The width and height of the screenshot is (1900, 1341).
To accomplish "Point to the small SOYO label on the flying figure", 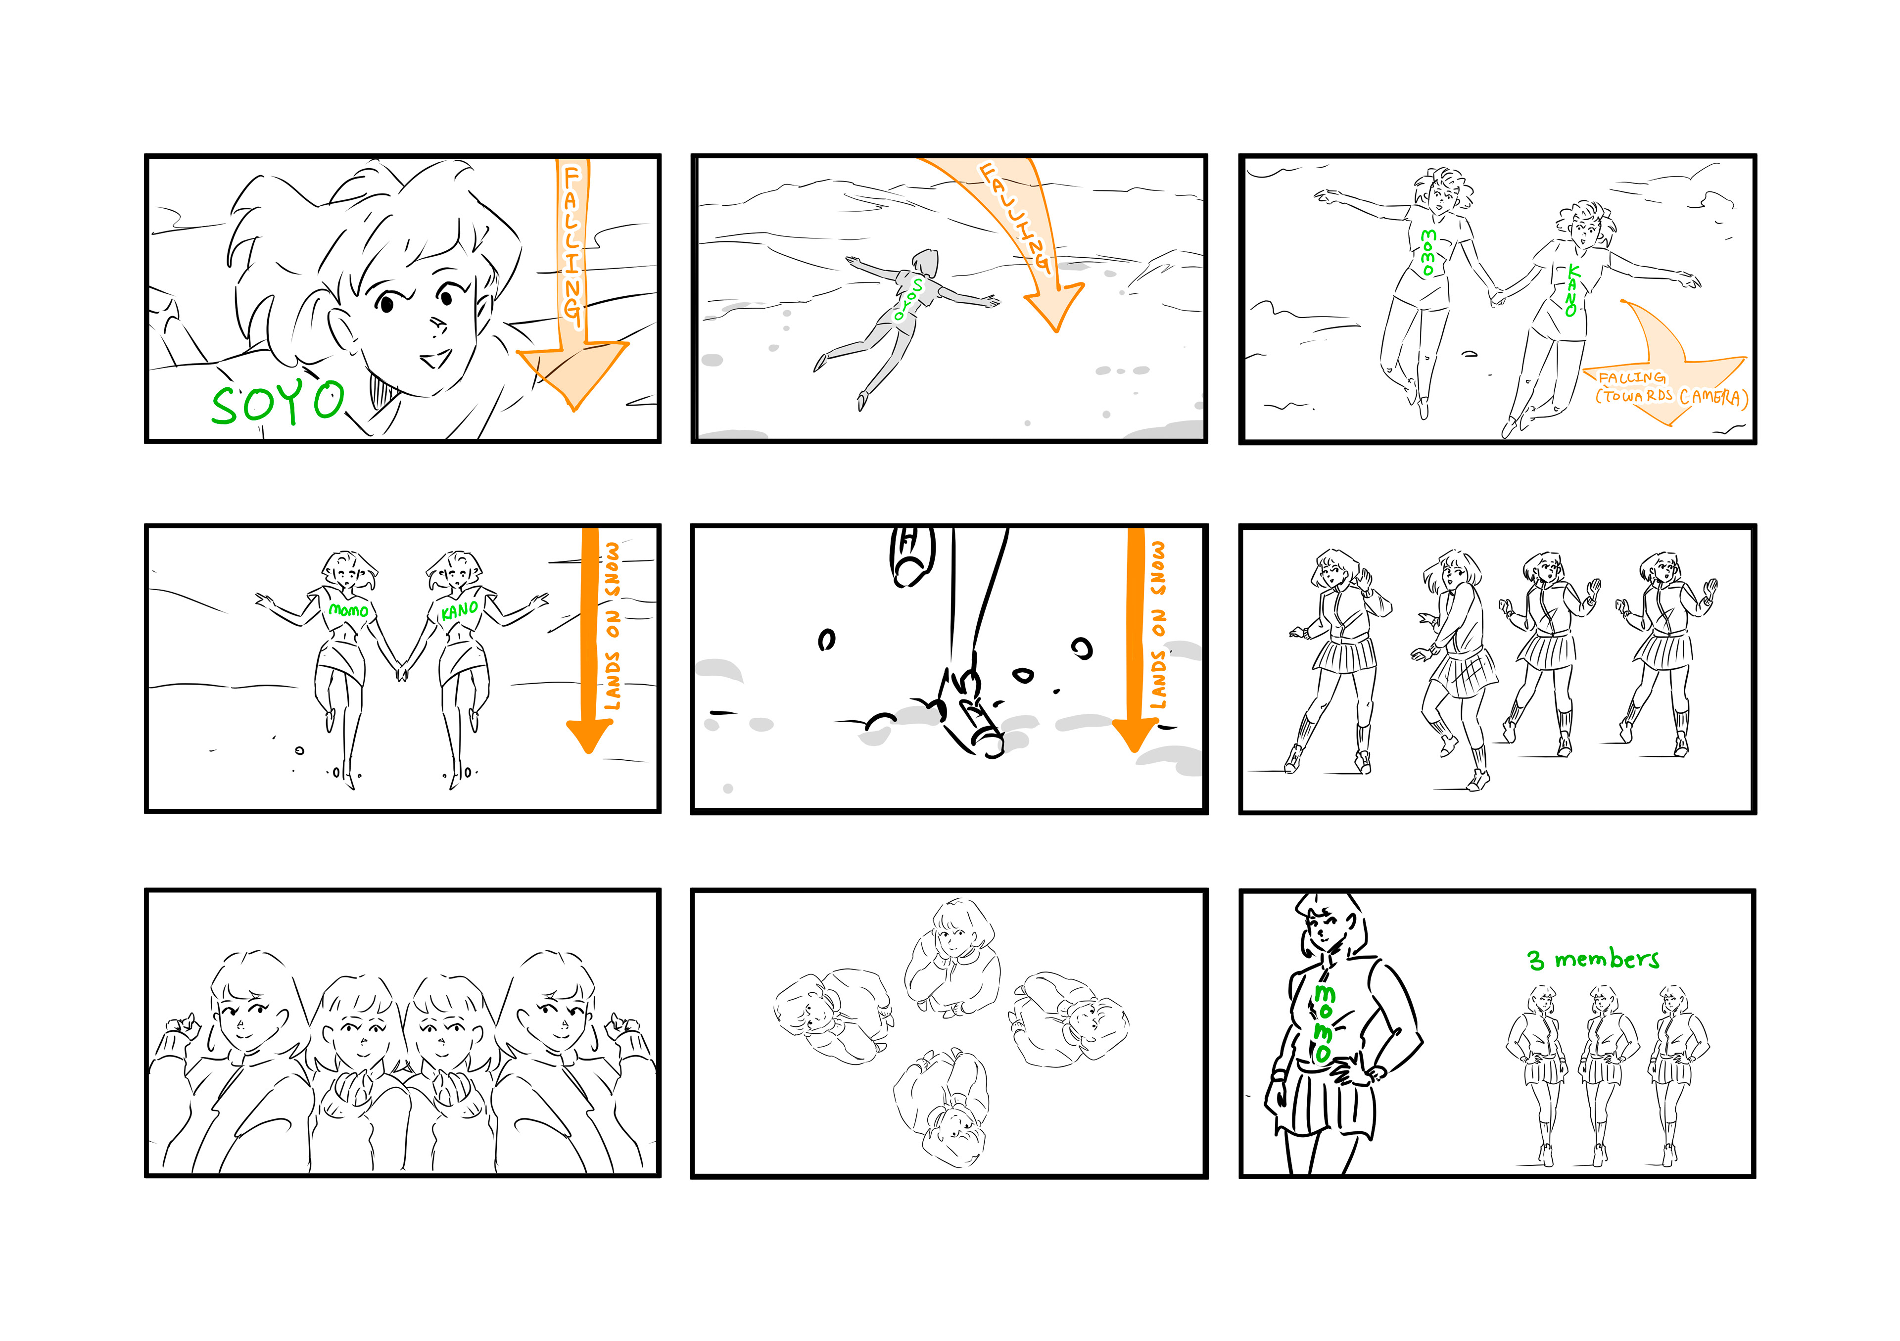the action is (908, 299).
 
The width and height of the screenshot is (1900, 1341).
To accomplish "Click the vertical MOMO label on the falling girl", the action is (1427, 252).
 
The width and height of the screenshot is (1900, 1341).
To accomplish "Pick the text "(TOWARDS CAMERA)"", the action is (1671, 397).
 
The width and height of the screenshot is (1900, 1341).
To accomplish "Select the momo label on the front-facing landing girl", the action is (348, 610).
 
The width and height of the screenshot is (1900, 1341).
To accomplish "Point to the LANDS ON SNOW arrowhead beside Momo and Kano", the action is (588, 735).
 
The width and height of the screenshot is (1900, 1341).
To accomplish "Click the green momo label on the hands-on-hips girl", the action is (1323, 1023).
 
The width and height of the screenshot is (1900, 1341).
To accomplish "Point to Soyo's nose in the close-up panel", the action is (438, 324).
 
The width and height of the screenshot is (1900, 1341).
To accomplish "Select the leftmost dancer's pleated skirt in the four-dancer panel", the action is (1343, 653).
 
